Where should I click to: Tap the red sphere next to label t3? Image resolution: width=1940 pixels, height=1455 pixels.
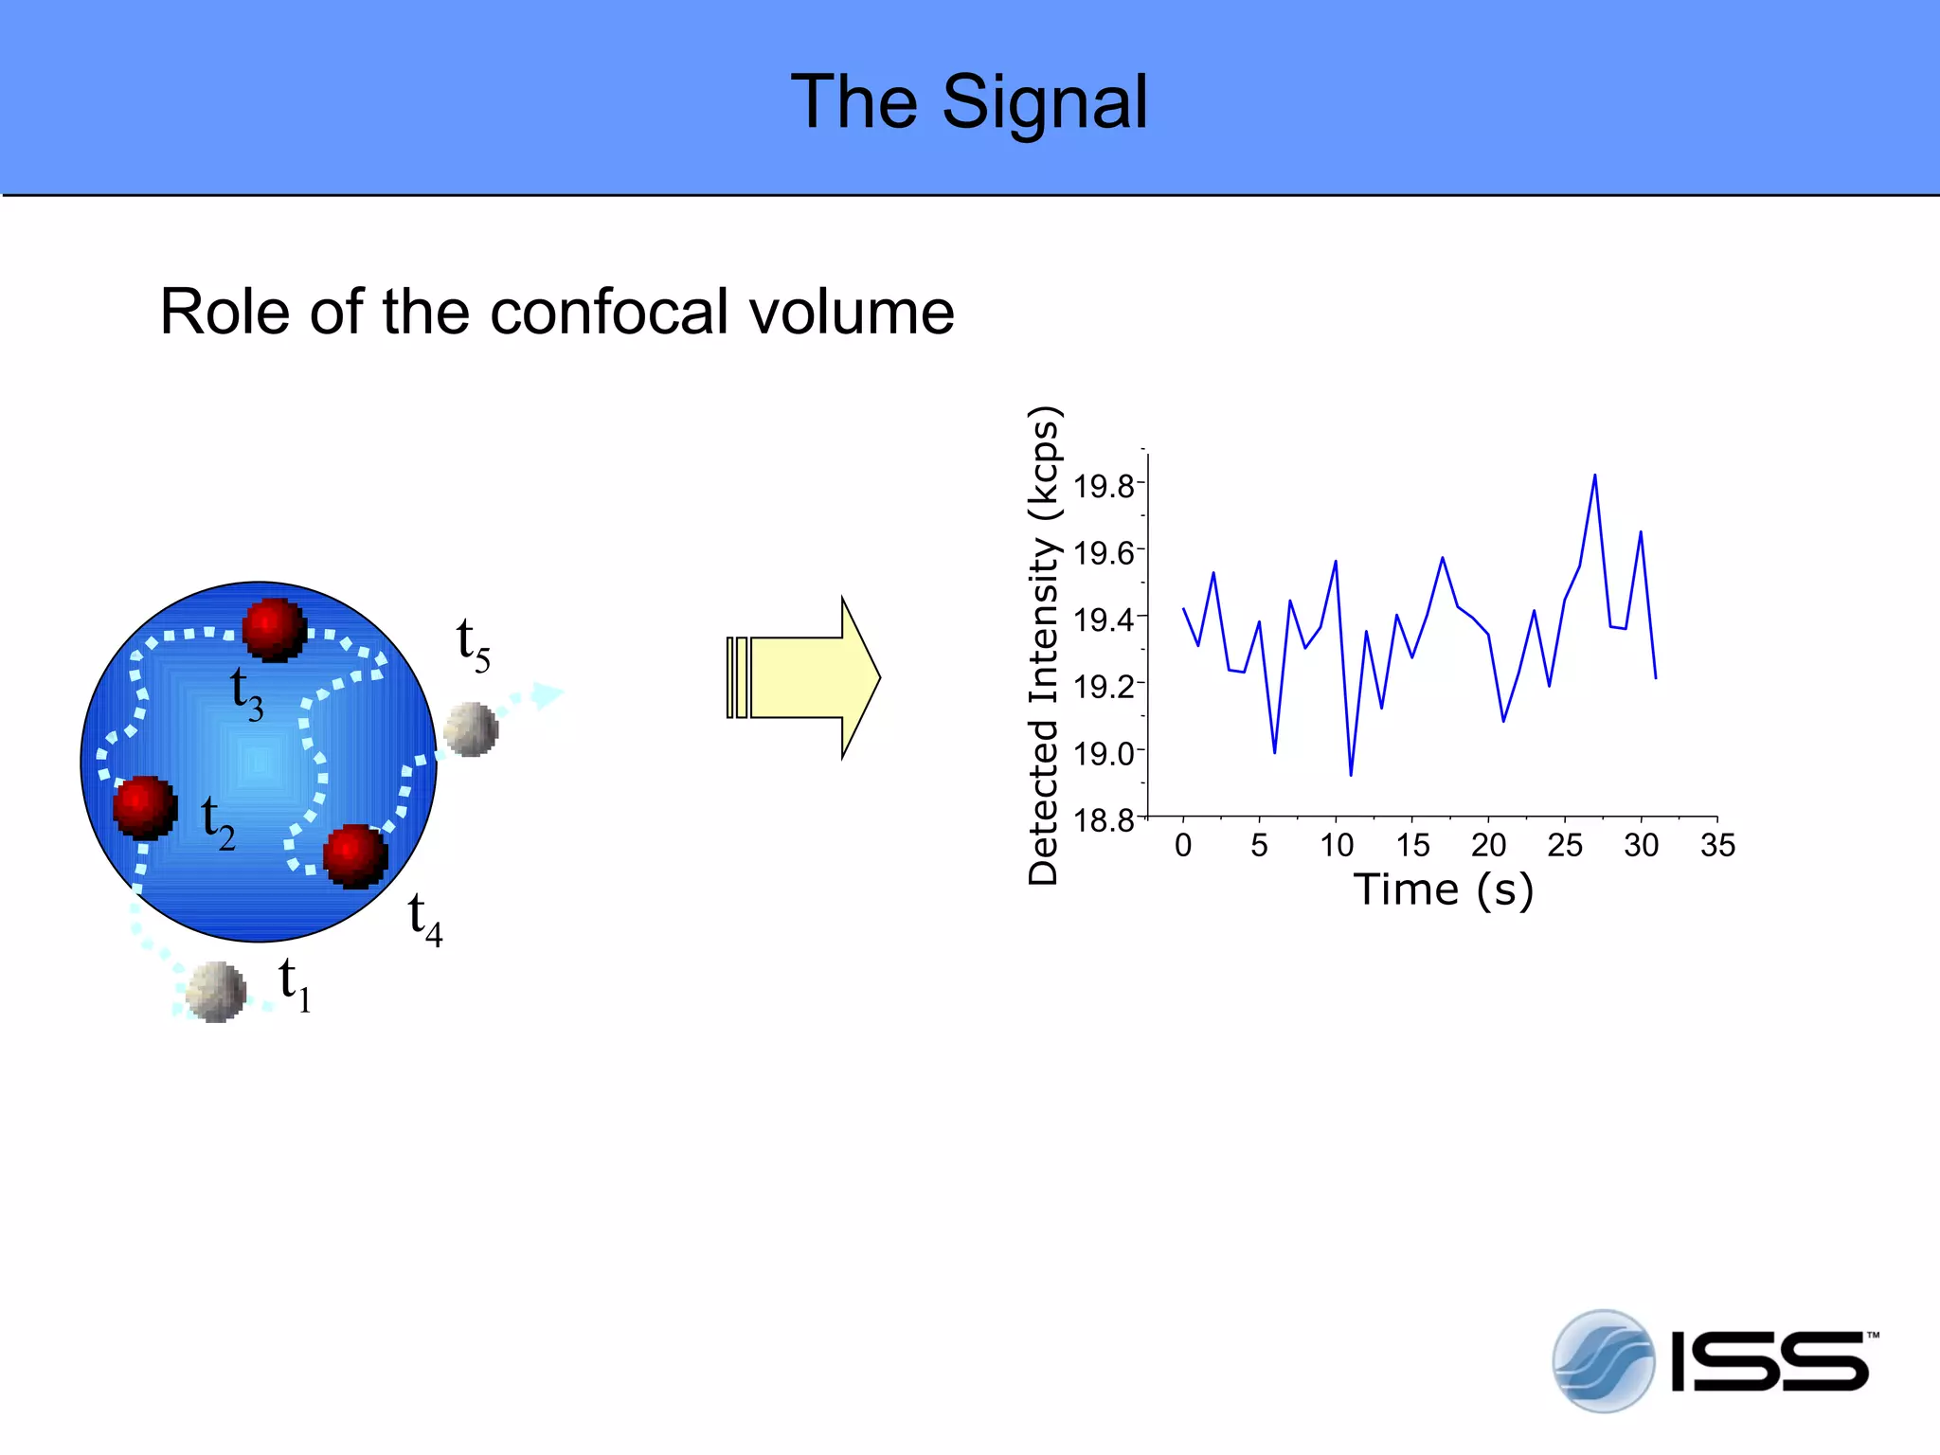pos(274,629)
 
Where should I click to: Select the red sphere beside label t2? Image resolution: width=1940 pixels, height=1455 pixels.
pos(145,807)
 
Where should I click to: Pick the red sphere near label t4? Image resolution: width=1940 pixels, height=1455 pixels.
pos(355,855)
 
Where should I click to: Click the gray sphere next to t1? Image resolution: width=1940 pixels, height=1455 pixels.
pos(216,992)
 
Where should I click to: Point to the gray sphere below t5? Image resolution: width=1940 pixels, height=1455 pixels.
pos(471,728)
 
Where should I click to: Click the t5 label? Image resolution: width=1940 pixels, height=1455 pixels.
pos(473,644)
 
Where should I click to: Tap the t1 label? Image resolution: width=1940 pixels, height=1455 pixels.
pos(295,984)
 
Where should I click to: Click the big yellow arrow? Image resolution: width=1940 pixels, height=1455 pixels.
pos(805,677)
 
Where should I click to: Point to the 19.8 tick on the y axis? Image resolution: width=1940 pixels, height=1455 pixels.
pos(1104,486)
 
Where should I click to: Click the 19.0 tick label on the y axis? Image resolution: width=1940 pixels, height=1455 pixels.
pos(1104,754)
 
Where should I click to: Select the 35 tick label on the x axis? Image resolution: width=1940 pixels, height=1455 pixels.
pos(1717,845)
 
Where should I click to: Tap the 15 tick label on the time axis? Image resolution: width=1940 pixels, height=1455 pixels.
pos(1411,845)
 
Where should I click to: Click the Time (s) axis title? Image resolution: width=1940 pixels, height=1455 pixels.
pos(1443,889)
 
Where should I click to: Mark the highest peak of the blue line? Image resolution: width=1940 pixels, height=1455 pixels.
pos(1595,476)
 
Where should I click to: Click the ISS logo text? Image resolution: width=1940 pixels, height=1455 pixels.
pos(1769,1362)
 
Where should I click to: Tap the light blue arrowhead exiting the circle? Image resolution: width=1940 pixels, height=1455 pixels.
pos(547,694)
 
